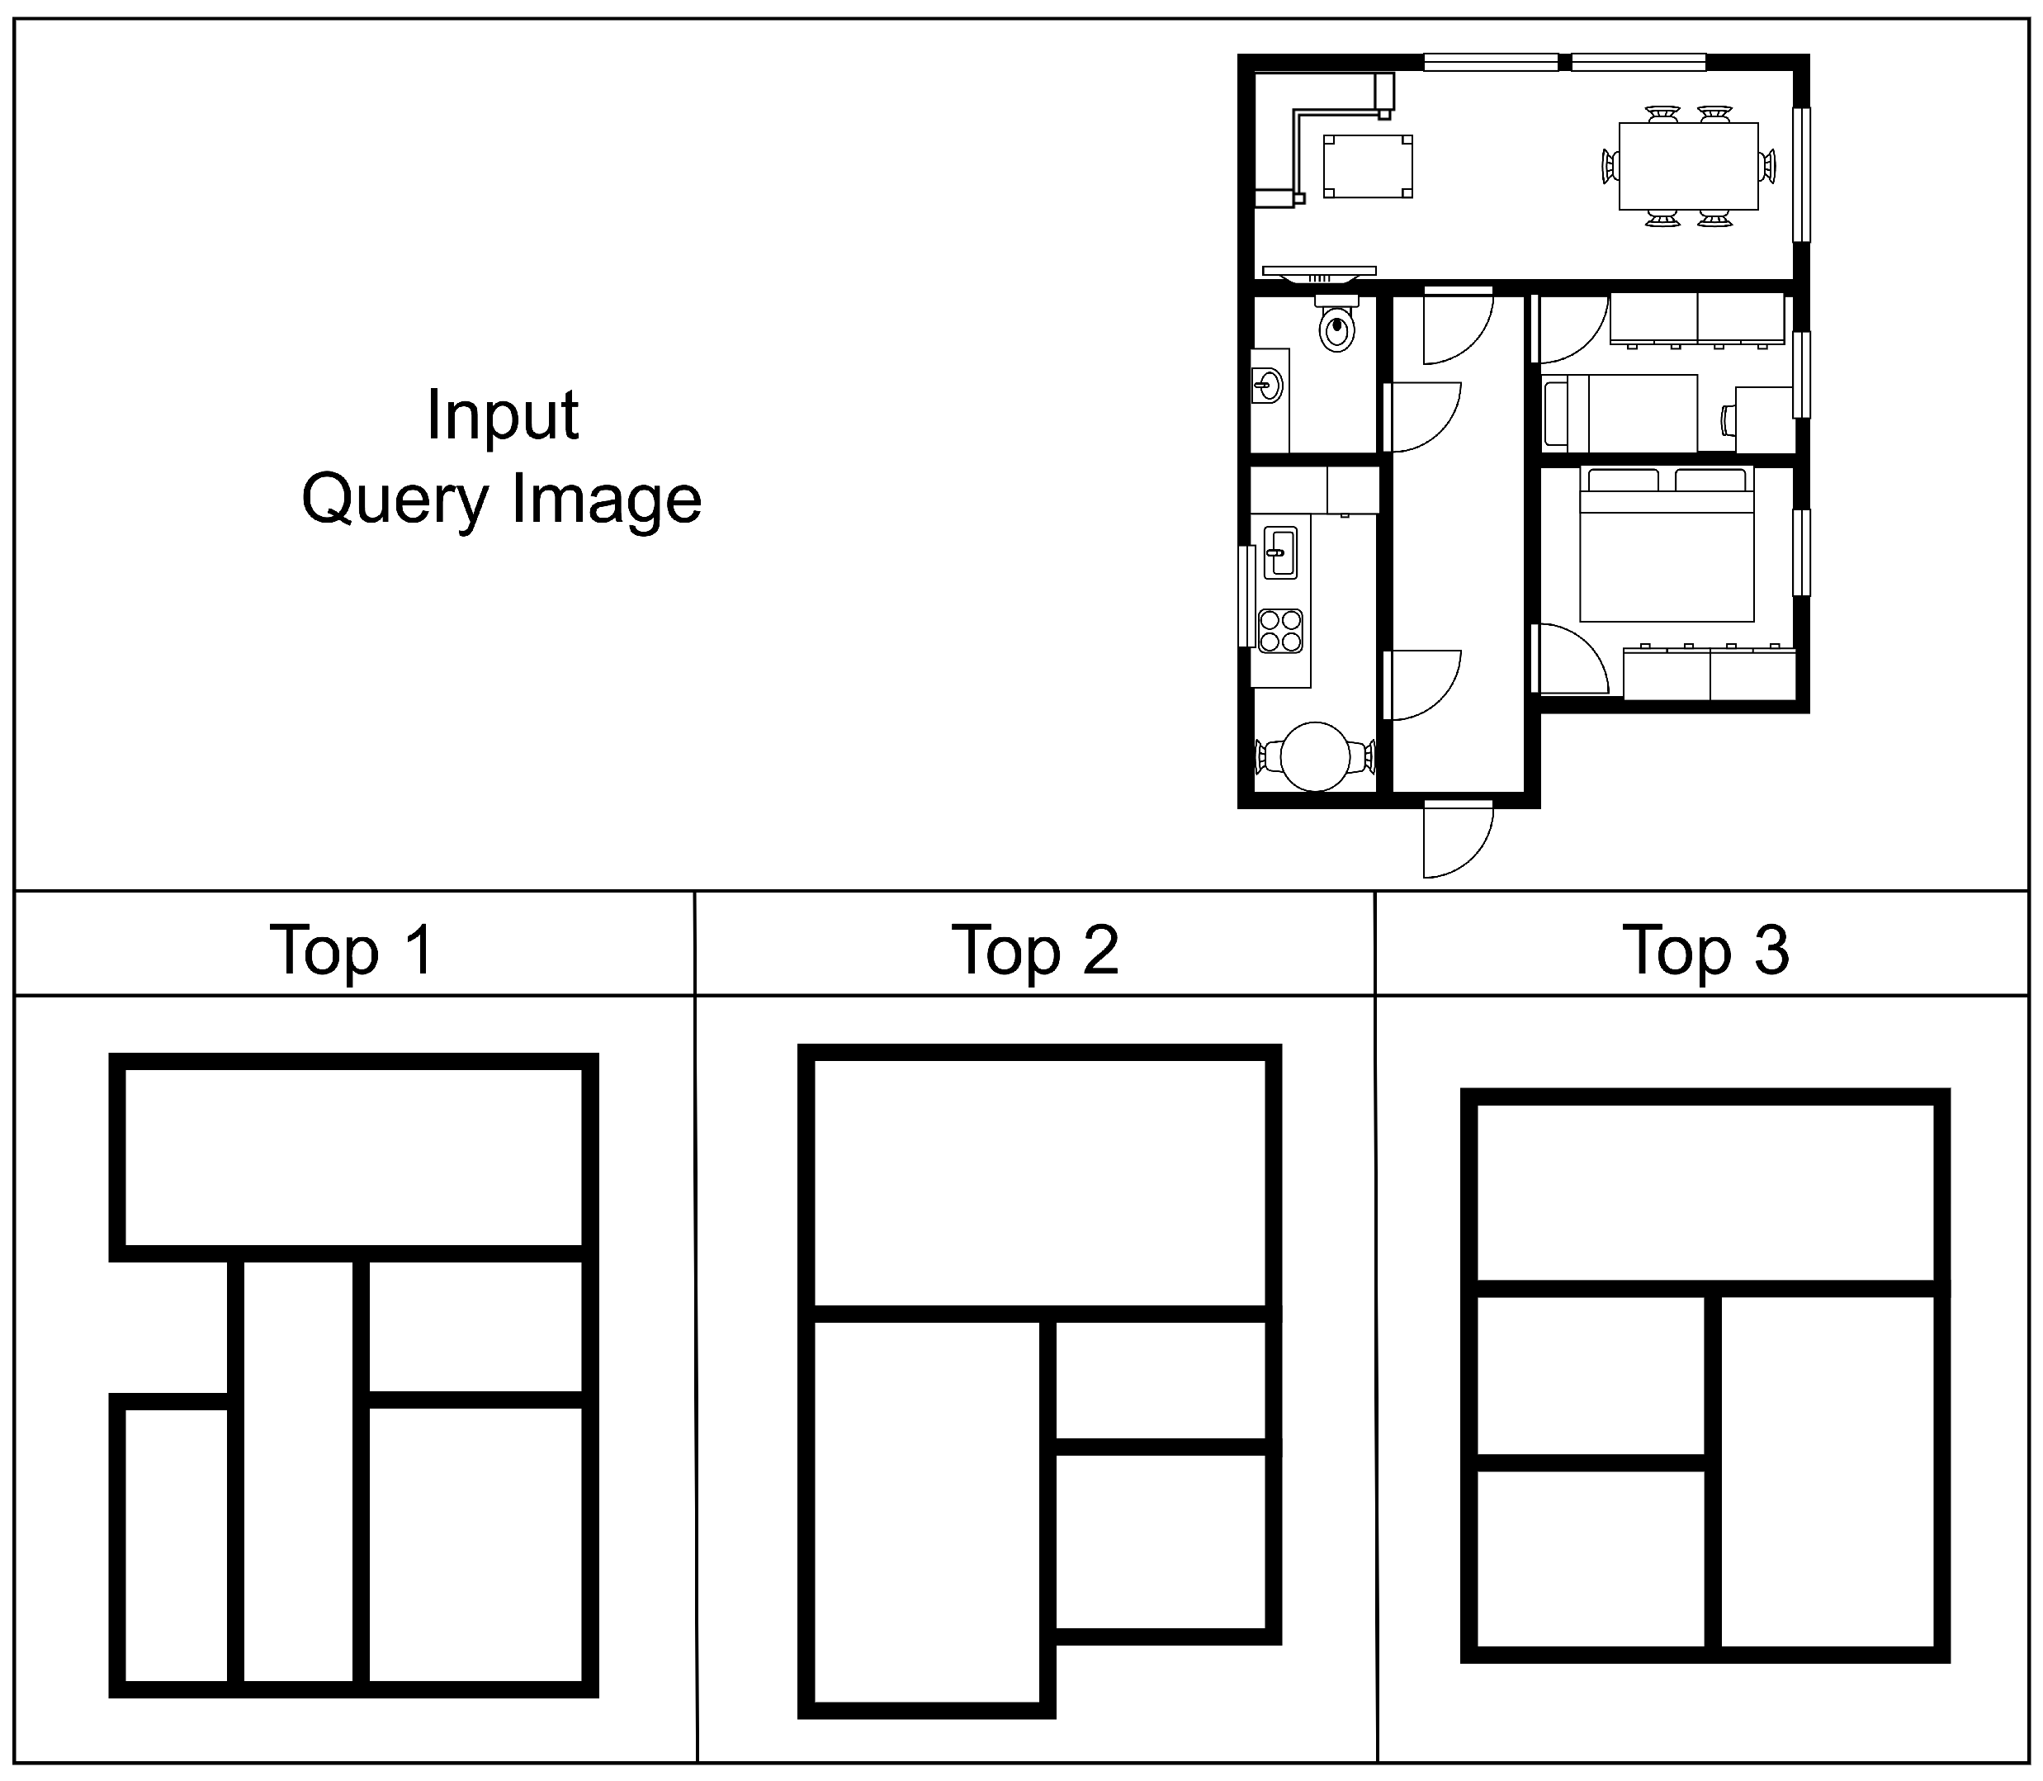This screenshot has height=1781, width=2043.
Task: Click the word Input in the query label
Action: [502, 415]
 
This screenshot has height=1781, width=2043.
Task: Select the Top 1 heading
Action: [352, 950]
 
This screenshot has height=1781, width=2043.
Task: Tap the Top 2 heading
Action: [1034, 950]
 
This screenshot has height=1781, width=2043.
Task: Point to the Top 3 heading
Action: [1705, 950]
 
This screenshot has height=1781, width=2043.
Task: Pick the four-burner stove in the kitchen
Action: [1279, 630]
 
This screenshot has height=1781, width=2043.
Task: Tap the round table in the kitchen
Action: [1315, 756]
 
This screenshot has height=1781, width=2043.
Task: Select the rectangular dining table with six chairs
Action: [1688, 166]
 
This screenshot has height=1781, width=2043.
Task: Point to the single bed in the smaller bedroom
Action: [1620, 413]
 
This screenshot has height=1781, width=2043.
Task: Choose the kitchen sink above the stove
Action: [1279, 552]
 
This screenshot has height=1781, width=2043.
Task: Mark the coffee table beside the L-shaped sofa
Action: [1367, 166]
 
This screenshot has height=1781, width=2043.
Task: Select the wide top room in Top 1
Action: [352, 1157]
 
